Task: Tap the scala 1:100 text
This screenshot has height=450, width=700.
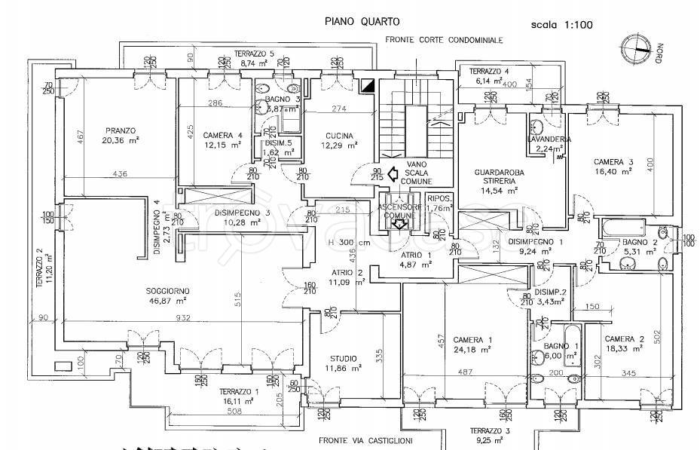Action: [562, 24]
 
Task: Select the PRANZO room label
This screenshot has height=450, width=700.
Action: [119, 129]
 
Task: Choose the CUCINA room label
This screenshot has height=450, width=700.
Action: [334, 136]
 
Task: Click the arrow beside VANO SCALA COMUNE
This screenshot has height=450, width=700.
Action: [391, 174]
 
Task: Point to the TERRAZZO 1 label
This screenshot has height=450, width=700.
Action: [239, 393]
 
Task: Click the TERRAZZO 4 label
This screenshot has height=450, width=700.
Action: [491, 72]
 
